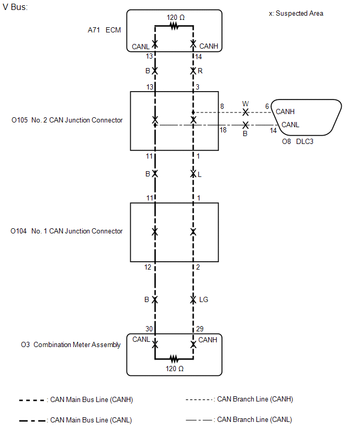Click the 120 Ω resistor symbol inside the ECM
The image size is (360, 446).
[174, 26]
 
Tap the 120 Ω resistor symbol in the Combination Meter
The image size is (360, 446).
[174, 359]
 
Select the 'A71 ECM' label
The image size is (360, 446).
[104, 30]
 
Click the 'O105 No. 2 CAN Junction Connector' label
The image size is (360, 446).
[67, 120]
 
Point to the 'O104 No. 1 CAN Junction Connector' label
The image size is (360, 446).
[66, 231]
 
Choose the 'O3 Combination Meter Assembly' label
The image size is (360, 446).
[71, 345]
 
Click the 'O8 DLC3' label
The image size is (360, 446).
[297, 141]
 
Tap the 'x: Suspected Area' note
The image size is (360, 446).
[296, 14]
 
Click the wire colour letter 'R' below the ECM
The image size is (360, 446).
[200, 71]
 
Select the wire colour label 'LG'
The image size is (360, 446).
[204, 299]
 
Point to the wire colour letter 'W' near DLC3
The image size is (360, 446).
[245, 104]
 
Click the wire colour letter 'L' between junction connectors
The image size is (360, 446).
[199, 174]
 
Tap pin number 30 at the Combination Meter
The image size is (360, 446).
[149, 329]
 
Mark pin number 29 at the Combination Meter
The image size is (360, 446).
[199, 329]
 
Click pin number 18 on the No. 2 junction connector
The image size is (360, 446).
[223, 130]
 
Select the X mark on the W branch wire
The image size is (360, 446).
[245, 112]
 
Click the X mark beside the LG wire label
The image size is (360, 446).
[193, 299]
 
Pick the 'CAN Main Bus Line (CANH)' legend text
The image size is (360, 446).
[91, 399]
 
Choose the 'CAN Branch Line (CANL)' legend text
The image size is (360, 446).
[254, 419]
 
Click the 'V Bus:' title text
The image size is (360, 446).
[15, 7]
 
